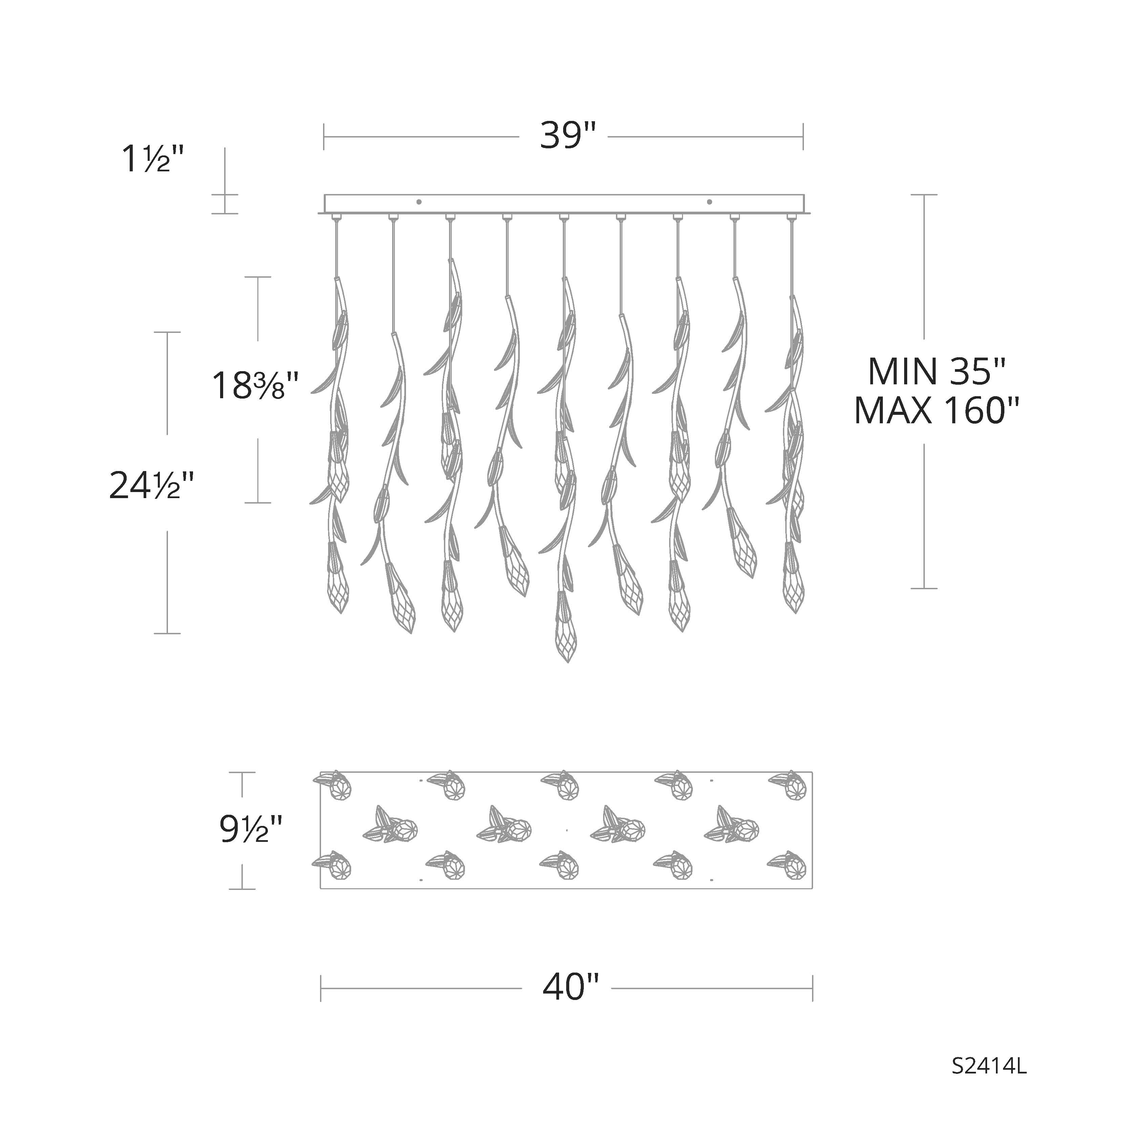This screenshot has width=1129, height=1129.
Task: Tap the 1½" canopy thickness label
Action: click(x=153, y=159)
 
